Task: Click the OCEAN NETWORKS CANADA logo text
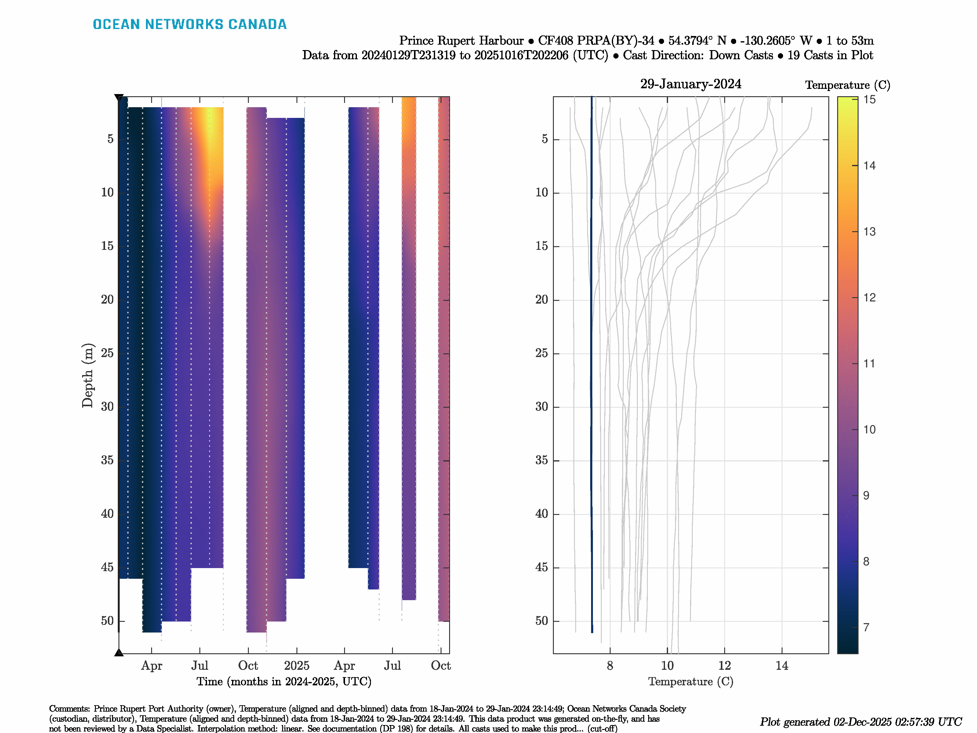[190, 24]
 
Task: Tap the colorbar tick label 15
[869, 100]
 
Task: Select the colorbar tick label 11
[869, 364]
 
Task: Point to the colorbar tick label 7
[866, 627]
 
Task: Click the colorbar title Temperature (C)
[847, 85]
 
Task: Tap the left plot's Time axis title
[284, 682]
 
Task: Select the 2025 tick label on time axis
[296, 666]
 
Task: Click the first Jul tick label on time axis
[200, 666]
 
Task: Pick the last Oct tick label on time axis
[440, 666]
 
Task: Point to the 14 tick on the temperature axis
[782, 666]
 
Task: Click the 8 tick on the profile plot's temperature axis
[610, 666]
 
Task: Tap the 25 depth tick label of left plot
[107, 353]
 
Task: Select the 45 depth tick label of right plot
[542, 568]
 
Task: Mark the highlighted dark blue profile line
[591, 353]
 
